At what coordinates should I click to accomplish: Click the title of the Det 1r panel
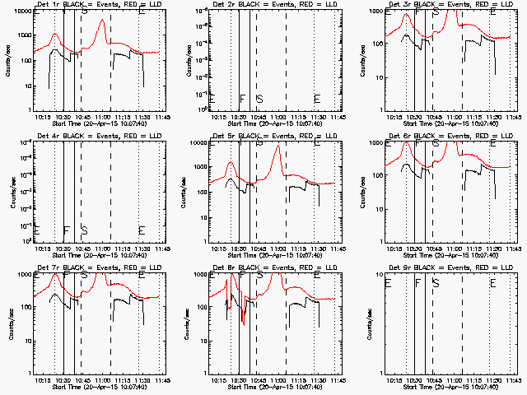click(88, 4)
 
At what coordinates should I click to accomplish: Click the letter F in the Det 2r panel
click(242, 100)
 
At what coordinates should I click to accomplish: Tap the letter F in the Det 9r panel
click(418, 284)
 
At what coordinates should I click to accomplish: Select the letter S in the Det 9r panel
click(436, 284)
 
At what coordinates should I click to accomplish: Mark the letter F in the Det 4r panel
click(66, 230)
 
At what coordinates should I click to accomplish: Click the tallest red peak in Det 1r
click(101, 21)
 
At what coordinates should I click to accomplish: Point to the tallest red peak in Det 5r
click(278, 147)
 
